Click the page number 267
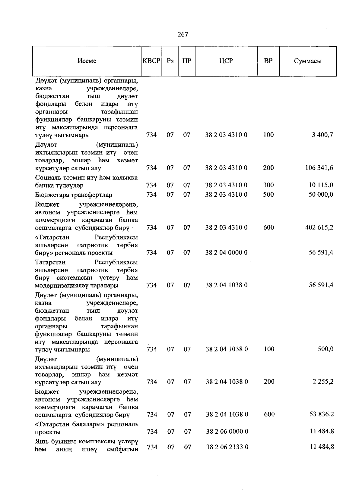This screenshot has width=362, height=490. click(x=183, y=34)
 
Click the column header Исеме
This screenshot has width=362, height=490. click(x=87, y=61)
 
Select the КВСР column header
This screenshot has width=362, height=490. click(x=151, y=61)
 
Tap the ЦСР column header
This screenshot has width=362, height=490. click(x=226, y=61)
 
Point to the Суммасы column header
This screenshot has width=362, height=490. click(x=308, y=61)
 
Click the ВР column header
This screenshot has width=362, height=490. click(x=268, y=61)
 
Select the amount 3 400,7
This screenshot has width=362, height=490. click(x=322, y=135)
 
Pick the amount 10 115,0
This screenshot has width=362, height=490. click(x=321, y=185)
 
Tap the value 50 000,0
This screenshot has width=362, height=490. click(x=321, y=195)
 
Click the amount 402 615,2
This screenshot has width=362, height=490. click(x=319, y=227)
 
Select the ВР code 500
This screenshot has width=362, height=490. click(x=268, y=195)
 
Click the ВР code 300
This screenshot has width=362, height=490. click(x=268, y=185)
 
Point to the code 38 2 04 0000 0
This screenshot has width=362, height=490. click(x=226, y=252)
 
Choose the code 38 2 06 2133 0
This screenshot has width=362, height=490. click(x=227, y=447)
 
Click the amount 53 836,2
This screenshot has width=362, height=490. click(x=322, y=414)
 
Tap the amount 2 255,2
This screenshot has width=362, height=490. click(x=323, y=382)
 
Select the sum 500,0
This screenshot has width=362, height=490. click(x=325, y=349)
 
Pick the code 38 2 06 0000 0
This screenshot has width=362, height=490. click(x=227, y=432)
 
